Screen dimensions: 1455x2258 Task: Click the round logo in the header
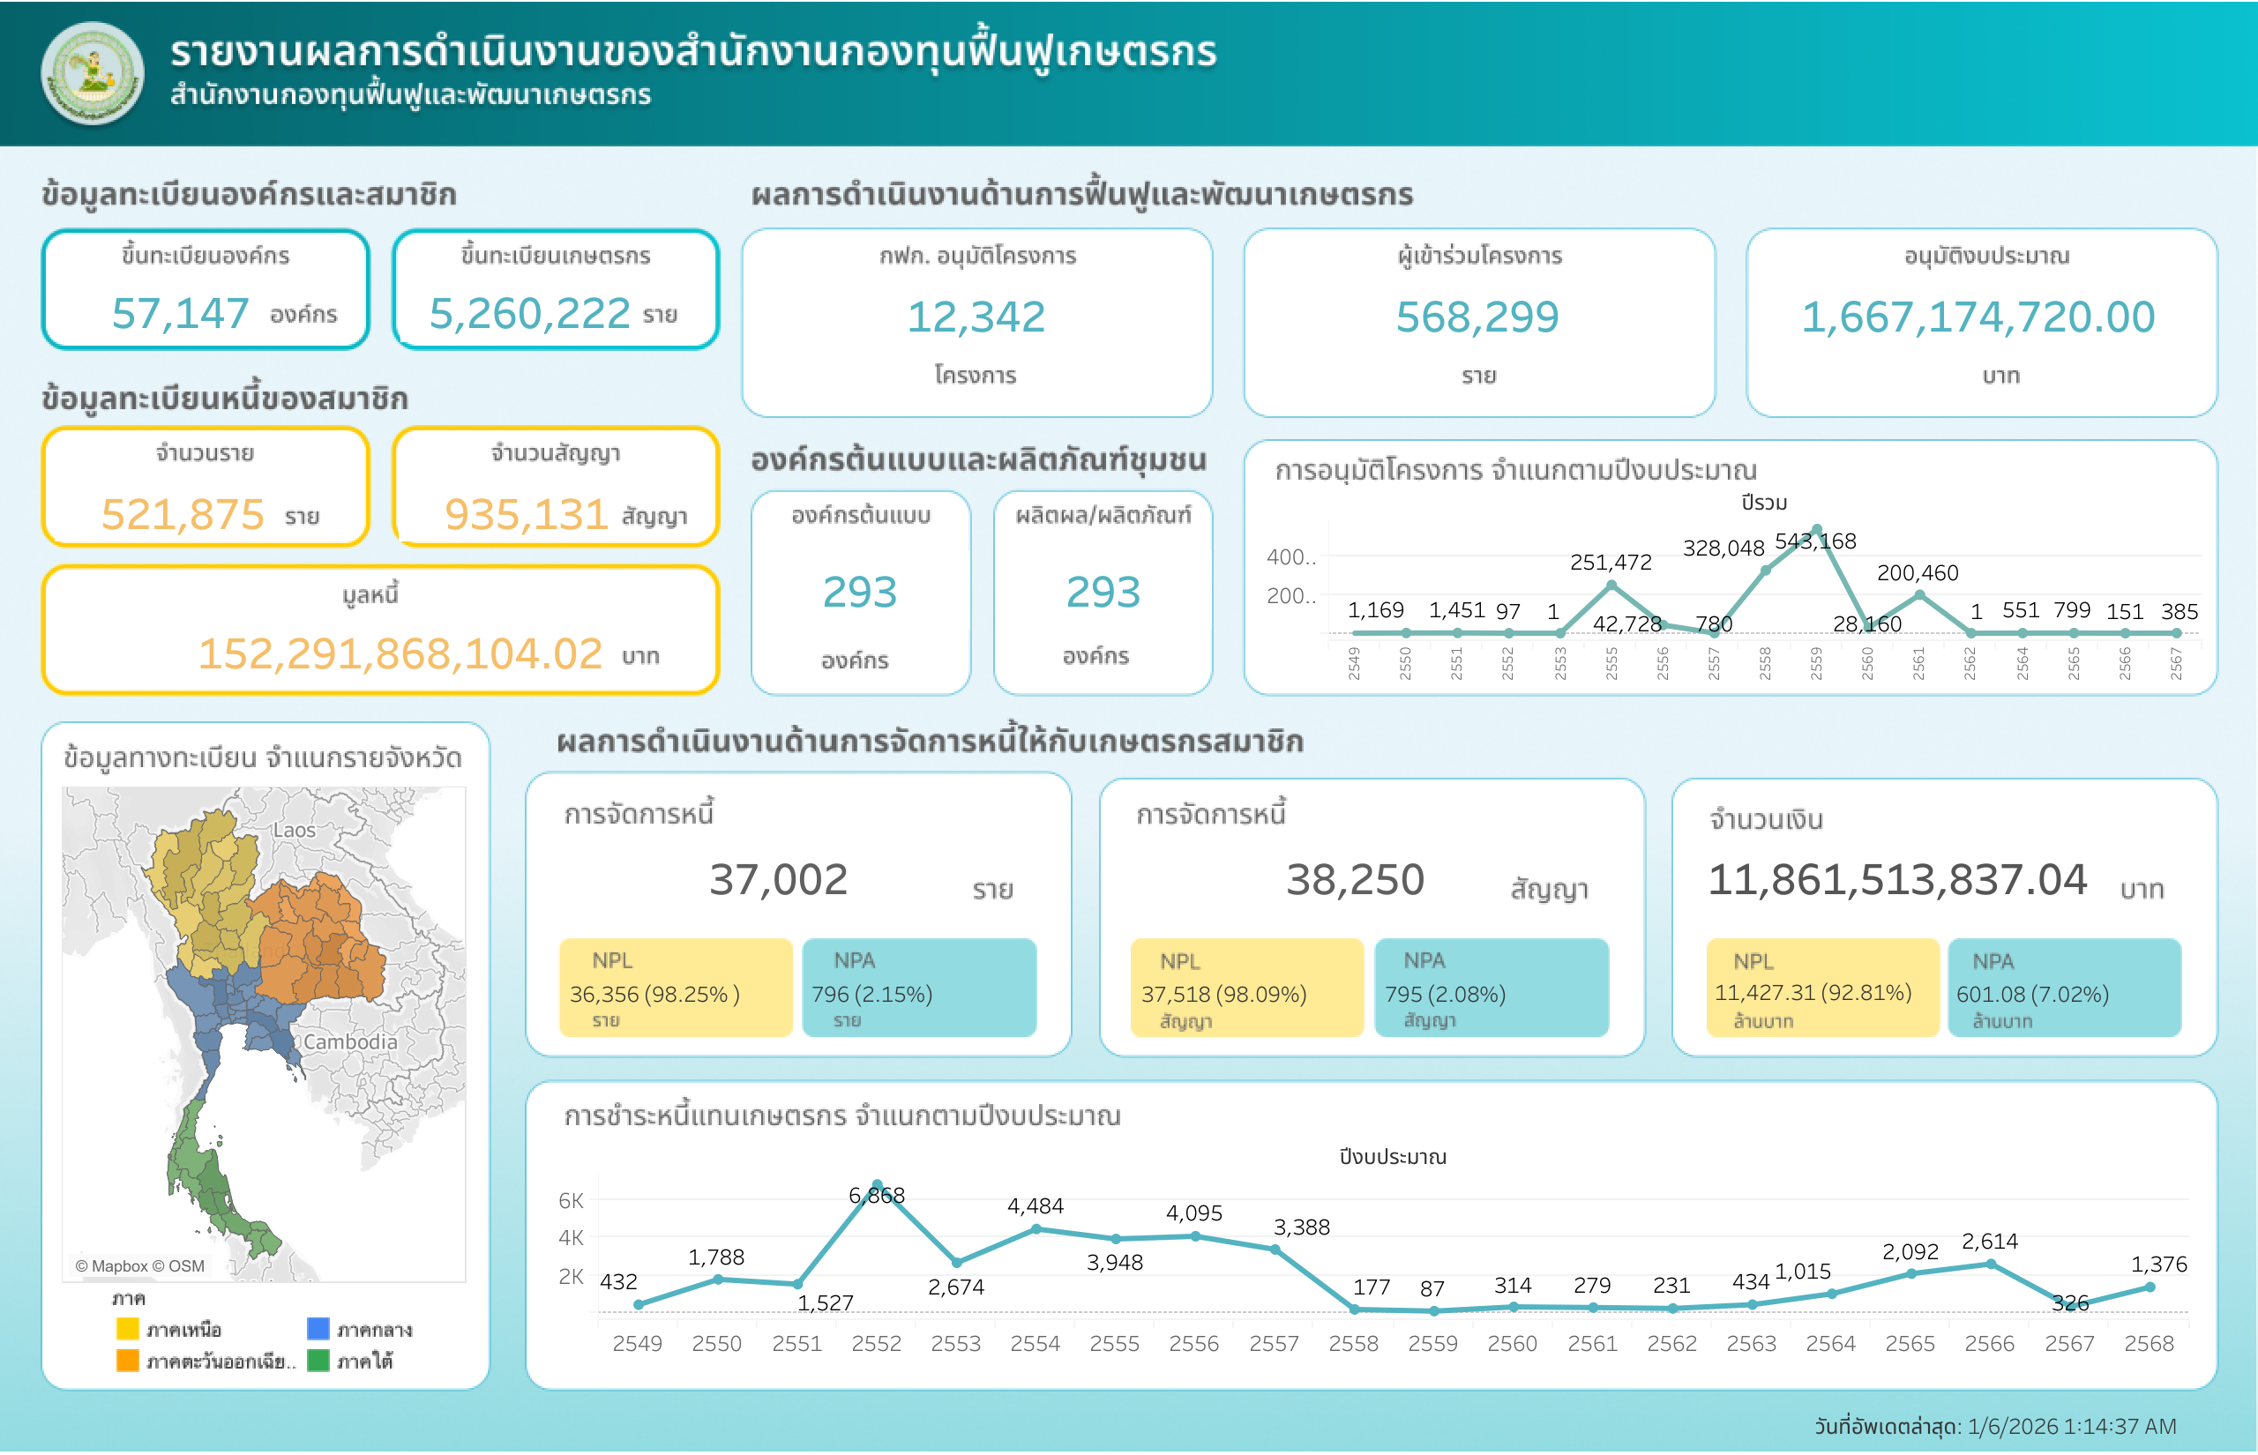click(92, 74)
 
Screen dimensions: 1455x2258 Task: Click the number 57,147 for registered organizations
click(180, 314)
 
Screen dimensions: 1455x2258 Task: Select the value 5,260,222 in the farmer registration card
click(529, 314)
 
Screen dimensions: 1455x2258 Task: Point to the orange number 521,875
click(183, 515)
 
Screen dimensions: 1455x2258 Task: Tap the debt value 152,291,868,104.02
click(400, 653)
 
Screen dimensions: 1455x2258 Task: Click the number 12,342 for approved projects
click(976, 317)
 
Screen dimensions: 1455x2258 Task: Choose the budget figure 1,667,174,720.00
click(1978, 317)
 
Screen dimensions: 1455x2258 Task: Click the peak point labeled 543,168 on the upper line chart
click(1817, 529)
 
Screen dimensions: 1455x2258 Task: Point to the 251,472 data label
click(1611, 563)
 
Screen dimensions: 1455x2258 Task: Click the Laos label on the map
click(294, 830)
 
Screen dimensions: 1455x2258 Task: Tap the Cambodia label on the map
click(349, 1041)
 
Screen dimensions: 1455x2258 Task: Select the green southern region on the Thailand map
click(203, 1172)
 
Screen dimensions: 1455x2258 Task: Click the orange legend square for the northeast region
click(128, 1361)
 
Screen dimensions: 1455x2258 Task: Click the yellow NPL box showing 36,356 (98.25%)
click(676, 988)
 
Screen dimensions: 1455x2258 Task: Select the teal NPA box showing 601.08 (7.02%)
click(2064, 988)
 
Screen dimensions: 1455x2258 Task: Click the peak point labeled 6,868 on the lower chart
click(877, 1185)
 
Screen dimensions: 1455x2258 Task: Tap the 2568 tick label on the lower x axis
click(2149, 1344)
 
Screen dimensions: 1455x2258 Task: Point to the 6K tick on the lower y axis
click(571, 1201)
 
